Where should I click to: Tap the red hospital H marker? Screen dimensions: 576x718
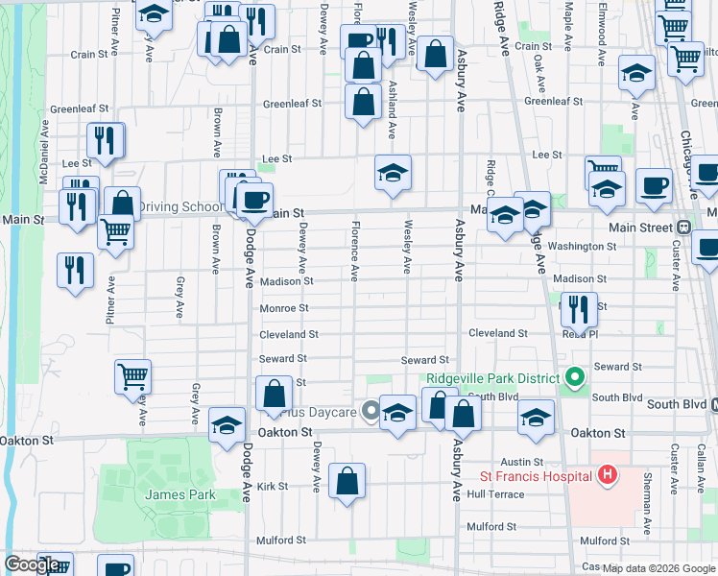[x=607, y=474]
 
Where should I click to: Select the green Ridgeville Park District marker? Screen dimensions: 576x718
[x=575, y=377]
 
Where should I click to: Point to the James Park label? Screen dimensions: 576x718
[x=180, y=494]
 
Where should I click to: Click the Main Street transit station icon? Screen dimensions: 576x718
[x=683, y=228]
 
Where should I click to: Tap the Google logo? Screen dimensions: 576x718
[x=32, y=564]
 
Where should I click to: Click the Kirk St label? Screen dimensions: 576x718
[x=273, y=487]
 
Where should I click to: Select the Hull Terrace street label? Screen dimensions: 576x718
[x=496, y=494]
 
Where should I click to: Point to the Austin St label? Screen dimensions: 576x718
[x=529, y=462]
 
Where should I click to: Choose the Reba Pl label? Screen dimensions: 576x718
[x=581, y=335]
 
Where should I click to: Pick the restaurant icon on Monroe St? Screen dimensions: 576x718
[x=578, y=308]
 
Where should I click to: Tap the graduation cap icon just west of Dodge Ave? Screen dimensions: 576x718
[x=227, y=425]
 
